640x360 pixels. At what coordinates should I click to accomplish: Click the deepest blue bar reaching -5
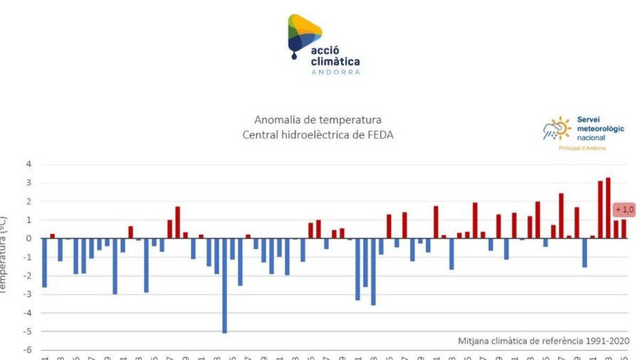tap(225, 285)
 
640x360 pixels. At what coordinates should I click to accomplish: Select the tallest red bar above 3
tap(608, 208)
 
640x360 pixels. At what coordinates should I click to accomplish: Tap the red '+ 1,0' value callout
tap(625, 210)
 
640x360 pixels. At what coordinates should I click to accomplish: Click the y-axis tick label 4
tap(29, 164)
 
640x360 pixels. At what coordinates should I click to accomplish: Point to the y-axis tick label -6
tap(28, 350)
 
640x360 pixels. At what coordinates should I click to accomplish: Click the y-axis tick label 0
tap(29, 238)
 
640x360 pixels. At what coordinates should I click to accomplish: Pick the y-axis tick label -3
tap(28, 294)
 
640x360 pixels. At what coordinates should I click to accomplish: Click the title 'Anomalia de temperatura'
tap(318, 120)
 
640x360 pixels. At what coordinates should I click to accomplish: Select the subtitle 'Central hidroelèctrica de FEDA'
tap(318, 135)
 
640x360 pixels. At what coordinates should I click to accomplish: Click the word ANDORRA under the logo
tap(335, 72)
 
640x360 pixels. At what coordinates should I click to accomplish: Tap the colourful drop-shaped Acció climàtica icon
tap(303, 35)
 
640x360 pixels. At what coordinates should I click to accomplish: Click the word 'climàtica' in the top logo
tap(335, 62)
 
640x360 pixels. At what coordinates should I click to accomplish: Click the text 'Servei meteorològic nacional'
tap(599, 129)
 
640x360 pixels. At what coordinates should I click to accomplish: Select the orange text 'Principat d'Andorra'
tap(582, 148)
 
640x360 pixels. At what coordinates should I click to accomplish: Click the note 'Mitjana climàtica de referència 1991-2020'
tap(543, 341)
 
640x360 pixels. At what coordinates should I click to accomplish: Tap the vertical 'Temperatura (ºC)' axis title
tap(4, 256)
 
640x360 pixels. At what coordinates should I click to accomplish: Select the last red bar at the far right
tap(623, 229)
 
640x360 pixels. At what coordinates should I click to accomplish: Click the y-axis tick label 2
tap(29, 202)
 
